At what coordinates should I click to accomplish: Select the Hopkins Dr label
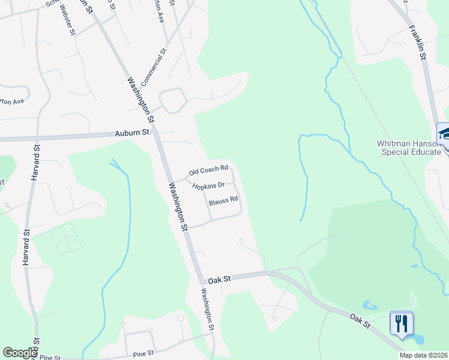pyautogui.click(x=208, y=185)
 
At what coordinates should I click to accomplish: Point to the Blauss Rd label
pyautogui.click(x=224, y=200)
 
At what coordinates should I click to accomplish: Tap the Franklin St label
pyautogui.click(x=417, y=42)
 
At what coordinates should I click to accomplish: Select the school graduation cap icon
pyautogui.click(x=444, y=133)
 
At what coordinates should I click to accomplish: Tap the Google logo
pyautogui.click(x=20, y=353)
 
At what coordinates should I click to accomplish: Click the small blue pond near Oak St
pyautogui.click(x=370, y=306)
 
